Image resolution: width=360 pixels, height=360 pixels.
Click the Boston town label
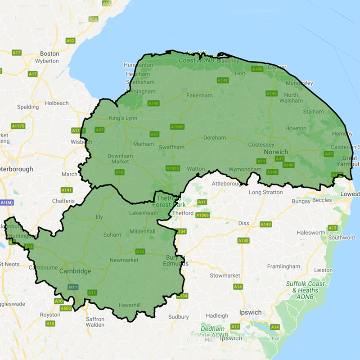tap(49, 53)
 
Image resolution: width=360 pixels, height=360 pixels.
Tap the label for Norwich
tap(275, 152)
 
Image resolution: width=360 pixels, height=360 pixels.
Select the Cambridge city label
tap(75, 271)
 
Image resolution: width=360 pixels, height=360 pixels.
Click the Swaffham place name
tap(171, 147)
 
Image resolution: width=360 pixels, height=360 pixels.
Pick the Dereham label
tap(214, 137)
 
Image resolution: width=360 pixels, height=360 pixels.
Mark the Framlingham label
tap(283, 266)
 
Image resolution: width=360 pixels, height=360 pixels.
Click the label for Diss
tap(243, 223)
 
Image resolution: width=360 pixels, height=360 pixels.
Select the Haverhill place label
tap(130, 305)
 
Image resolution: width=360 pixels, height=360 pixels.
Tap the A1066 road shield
tap(203, 216)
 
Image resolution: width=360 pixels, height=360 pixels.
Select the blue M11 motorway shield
tap(73, 287)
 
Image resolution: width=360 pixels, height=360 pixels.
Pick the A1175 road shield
tap(18, 126)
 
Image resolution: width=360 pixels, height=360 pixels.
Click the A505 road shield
tap(66, 308)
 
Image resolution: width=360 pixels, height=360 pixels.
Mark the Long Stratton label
tap(266, 192)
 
